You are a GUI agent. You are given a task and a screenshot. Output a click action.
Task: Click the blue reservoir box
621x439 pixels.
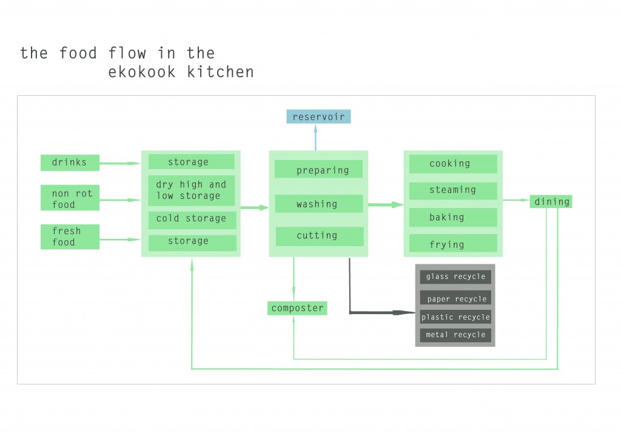pyautogui.click(x=318, y=116)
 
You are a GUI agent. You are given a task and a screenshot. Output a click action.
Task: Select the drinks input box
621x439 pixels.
pyautogui.click(x=70, y=163)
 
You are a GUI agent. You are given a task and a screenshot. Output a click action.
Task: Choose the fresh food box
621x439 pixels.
pyautogui.click(x=70, y=236)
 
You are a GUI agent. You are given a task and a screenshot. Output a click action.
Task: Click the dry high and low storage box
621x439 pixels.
pyautogui.click(x=191, y=190)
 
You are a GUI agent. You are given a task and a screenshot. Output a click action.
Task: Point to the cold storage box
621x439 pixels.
pyautogui.click(x=191, y=219)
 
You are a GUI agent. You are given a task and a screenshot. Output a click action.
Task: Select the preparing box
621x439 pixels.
pyautogui.click(x=319, y=169)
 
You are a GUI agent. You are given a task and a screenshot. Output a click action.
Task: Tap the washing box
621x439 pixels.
pyautogui.click(x=319, y=204)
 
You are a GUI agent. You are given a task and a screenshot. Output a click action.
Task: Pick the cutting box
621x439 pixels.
pyautogui.click(x=320, y=236)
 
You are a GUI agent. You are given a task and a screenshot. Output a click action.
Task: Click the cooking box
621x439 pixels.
pyautogui.click(x=452, y=164)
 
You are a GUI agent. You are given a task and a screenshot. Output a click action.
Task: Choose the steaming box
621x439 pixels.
pyautogui.click(x=452, y=190)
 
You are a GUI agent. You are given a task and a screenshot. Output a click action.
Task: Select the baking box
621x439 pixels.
pyautogui.click(x=452, y=217)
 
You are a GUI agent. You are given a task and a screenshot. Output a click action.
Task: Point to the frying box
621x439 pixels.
pyautogui.click(x=452, y=244)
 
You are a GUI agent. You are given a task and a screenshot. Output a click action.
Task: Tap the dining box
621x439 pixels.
pyautogui.click(x=551, y=202)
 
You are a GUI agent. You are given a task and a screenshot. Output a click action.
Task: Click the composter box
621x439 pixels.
pyautogui.click(x=297, y=308)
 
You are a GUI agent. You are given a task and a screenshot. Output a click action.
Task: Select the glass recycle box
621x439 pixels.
pyautogui.click(x=455, y=276)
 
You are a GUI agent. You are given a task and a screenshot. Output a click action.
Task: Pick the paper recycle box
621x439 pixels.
pyautogui.click(x=455, y=298)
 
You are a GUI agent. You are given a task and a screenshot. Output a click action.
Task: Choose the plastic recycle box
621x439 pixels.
pyautogui.click(x=455, y=317)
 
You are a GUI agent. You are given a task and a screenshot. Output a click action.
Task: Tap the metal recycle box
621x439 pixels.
pyautogui.click(x=455, y=335)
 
